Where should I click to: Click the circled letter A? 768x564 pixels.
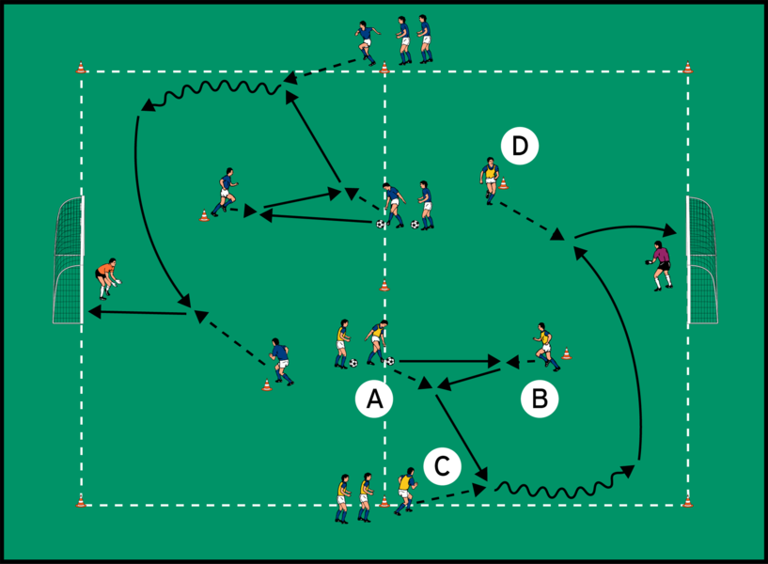tap(374, 400)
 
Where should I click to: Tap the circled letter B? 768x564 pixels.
tap(540, 399)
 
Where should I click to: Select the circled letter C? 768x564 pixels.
tap(442, 464)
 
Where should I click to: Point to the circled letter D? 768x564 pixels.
tap(520, 146)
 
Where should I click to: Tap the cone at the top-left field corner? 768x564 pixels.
tap(81, 68)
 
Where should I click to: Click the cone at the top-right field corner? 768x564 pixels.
tap(688, 68)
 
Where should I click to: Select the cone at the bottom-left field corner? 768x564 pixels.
tap(81, 500)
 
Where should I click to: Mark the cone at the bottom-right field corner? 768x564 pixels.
tap(688, 501)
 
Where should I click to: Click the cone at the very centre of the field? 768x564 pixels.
tap(384, 286)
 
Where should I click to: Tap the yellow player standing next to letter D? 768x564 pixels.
tap(489, 179)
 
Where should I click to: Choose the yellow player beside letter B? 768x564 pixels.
tap(543, 343)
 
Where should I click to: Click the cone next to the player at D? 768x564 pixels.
tap(504, 183)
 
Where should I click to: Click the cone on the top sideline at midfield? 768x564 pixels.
tap(384, 68)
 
